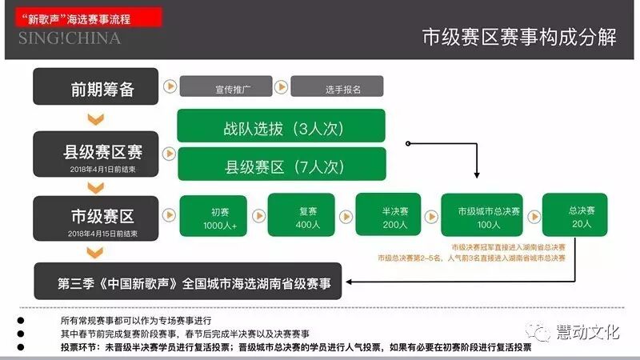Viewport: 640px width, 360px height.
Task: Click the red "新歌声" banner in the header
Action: point(83,18)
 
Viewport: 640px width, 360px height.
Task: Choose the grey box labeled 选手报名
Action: point(337,86)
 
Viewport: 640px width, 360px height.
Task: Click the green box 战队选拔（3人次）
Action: point(282,127)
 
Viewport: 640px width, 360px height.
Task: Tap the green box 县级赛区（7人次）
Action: point(282,166)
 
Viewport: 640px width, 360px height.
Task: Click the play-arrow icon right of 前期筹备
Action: point(170,86)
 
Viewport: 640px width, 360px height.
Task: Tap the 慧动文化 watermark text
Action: point(590,331)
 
